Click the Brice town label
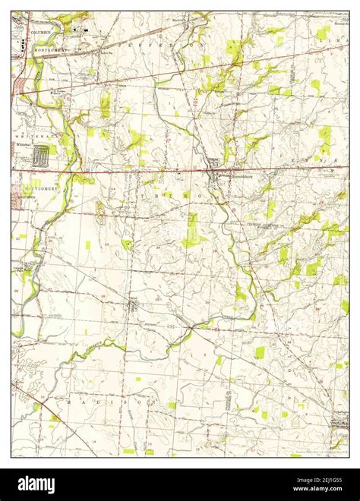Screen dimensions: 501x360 coord(133,297)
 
